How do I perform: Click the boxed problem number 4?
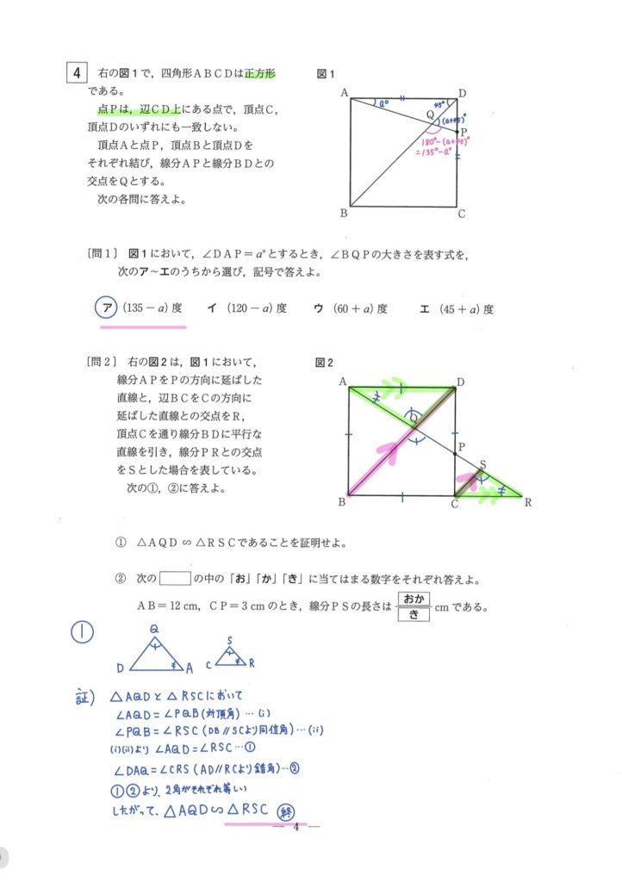click(x=78, y=72)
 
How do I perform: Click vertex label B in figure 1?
click(x=343, y=214)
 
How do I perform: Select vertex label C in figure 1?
click(x=462, y=214)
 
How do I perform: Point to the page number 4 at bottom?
click(x=295, y=829)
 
